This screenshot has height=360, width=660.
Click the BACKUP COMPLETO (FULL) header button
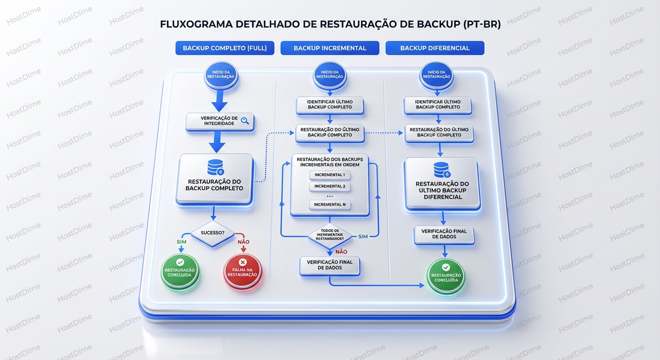click(225, 48)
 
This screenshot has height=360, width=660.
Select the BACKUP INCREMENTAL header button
click(330, 48)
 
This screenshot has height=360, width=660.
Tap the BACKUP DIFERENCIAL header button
click(435, 48)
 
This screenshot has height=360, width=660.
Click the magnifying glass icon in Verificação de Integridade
click(245, 121)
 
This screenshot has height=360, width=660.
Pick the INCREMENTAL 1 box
click(330, 175)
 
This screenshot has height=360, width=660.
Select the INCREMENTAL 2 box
click(330, 186)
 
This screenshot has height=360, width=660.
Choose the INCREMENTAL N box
click(330, 204)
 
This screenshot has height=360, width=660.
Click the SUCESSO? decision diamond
click(212, 232)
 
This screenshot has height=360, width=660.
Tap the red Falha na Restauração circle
click(242, 272)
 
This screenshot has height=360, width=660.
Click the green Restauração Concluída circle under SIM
click(180, 272)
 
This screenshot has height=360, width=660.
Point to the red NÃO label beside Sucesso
click(243, 242)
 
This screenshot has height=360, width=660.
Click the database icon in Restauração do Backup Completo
click(215, 167)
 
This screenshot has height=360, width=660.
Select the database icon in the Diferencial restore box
click(442, 170)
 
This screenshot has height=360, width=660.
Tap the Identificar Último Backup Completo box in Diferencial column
click(438, 105)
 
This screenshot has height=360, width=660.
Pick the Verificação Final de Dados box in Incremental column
click(330, 265)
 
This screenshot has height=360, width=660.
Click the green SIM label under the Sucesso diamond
click(181, 242)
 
